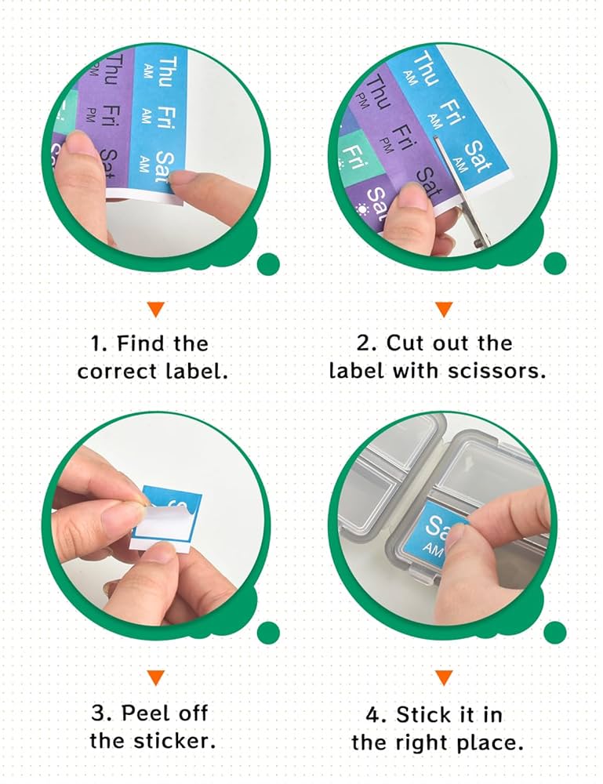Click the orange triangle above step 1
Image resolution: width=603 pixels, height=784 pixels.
pos(155,309)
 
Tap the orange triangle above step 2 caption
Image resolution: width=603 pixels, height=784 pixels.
pos(444,309)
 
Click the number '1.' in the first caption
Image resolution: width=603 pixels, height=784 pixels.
pos(98,344)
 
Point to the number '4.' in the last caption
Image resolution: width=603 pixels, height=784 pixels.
pos(376,714)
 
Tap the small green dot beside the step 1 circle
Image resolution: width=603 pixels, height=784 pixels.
pos(268,264)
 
